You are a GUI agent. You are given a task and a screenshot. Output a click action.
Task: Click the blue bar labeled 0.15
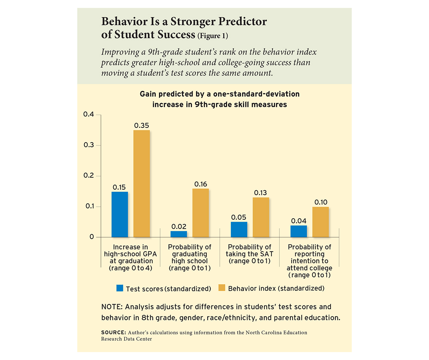click(120, 214)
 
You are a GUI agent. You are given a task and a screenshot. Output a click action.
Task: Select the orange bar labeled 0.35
click(141, 183)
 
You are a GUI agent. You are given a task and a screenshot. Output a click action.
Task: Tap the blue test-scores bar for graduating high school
click(179, 234)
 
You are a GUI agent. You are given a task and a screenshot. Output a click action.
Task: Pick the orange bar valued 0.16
click(200, 213)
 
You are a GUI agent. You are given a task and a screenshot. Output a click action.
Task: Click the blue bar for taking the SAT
click(239, 229)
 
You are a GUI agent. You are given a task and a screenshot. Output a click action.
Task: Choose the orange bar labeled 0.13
click(261, 217)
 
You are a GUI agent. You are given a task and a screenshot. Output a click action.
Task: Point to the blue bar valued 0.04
click(299, 231)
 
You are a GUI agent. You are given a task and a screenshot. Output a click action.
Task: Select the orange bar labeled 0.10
click(321, 222)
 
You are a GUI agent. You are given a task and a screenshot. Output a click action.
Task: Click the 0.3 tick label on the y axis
click(89, 145)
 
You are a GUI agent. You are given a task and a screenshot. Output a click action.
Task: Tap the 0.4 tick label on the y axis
click(89, 114)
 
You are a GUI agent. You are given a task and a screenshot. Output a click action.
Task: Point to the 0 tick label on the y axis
click(92, 237)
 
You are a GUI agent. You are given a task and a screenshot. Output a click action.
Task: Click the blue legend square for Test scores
click(120, 288)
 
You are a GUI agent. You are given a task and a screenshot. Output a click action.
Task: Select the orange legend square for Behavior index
click(222, 288)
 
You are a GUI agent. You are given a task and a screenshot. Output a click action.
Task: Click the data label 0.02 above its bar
click(179, 227)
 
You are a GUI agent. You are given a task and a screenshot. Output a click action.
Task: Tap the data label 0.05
click(239, 217)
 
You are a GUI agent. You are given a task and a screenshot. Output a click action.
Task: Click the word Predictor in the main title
click(242, 22)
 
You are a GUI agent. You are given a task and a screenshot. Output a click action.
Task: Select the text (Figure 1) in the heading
click(213, 36)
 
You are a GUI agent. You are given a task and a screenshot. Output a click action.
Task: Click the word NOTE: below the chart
click(112, 307)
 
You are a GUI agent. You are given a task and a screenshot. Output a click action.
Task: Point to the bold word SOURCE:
click(114, 333)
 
